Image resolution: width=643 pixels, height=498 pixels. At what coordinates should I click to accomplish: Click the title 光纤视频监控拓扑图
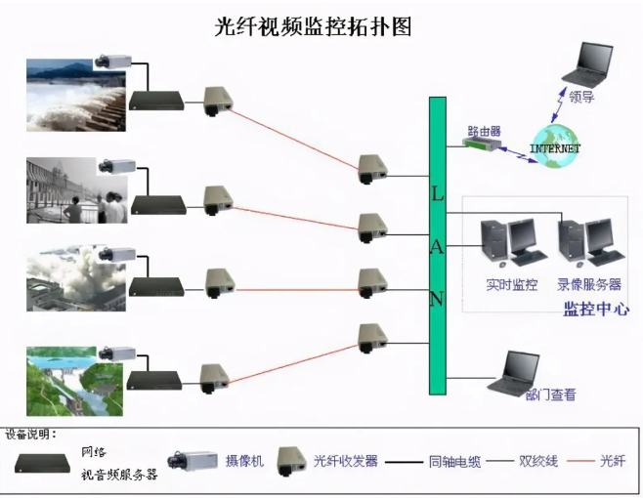coord(313,26)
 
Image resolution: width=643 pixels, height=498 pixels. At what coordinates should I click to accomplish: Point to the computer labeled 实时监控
coord(509,242)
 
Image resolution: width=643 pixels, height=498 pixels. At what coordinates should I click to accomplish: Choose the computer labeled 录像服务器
coord(588,242)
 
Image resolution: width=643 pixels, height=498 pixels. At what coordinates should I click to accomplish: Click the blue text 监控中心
coord(595,310)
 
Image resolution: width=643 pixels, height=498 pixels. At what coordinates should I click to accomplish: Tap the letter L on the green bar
coord(437,193)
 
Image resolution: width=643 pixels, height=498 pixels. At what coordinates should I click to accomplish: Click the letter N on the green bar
coord(437,299)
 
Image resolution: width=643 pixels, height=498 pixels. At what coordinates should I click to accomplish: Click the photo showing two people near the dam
coord(75,190)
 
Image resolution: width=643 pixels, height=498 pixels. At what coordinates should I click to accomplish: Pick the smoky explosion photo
coord(75,279)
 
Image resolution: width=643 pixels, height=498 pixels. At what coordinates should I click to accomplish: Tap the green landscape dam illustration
coord(75,379)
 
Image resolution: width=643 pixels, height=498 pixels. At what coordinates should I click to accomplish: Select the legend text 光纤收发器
coord(345,461)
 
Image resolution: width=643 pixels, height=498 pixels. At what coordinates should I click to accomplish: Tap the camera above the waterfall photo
coord(114,62)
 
